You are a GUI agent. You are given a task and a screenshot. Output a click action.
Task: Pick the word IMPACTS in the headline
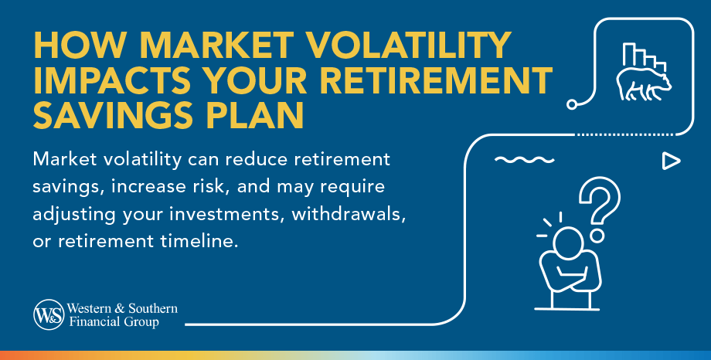tap(112, 80)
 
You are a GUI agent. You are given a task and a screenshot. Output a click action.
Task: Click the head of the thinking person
tap(568, 242)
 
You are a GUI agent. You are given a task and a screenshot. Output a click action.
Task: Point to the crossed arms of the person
tap(570, 274)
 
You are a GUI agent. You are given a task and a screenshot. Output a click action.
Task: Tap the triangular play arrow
tap(671, 161)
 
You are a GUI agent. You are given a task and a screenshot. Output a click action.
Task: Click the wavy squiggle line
tap(524, 160)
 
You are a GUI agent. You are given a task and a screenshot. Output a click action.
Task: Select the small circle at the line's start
tap(572, 104)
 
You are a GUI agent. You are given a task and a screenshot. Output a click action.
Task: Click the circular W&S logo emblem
tap(49, 314)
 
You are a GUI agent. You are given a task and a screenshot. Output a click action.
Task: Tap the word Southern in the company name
tap(153, 309)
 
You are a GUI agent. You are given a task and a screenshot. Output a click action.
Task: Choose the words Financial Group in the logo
tap(114, 322)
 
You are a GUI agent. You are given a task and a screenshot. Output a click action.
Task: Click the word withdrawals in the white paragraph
tap(349, 213)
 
